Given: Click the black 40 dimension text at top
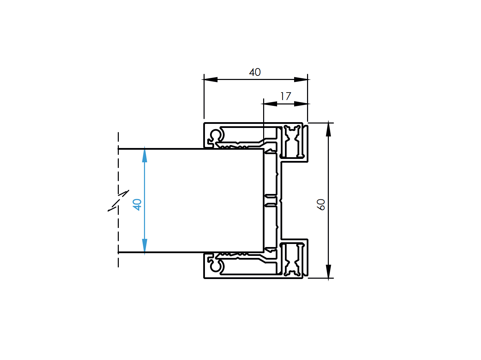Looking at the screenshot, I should pyautogui.click(x=255, y=72).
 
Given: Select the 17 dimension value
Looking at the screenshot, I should pyautogui.click(x=286, y=96).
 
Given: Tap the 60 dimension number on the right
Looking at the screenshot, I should pyautogui.click(x=321, y=204).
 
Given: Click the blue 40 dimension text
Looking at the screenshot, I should pyautogui.click(x=137, y=204).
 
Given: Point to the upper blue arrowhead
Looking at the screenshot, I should pyautogui.click(x=145, y=155).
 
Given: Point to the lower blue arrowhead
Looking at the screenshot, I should pyautogui.click(x=145, y=246).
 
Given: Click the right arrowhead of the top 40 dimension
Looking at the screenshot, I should pyautogui.click(x=301, y=80).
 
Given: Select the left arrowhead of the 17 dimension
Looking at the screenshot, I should pyautogui.click(x=270, y=104).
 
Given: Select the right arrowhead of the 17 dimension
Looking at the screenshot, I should pyautogui.click(x=301, y=104).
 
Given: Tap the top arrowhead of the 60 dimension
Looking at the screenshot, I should pyautogui.click(x=328, y=129).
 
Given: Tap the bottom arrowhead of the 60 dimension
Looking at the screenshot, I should pyautogui.click(x=328, y=272).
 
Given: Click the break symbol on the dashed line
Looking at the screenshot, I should pyautogui.click(x=118, y=201).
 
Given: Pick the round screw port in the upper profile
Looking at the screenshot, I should pyautogui.click(x=216, y=135).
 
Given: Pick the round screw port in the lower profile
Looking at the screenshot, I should pyautogui.click(x=216, y=266).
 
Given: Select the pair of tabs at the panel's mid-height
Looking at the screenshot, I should pyautogui.click(x=271, y=200).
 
